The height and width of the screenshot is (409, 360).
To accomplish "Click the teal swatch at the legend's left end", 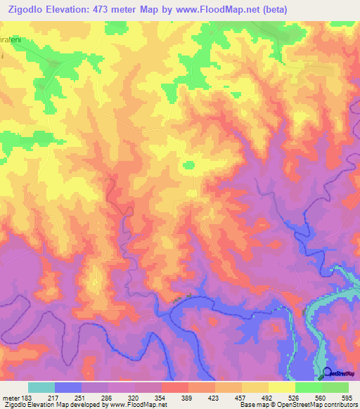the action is [x=41, y=387].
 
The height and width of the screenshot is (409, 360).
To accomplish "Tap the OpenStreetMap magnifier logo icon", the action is [x=327, y=373].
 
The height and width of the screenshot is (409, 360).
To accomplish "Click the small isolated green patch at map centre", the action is [x=188, y=165].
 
